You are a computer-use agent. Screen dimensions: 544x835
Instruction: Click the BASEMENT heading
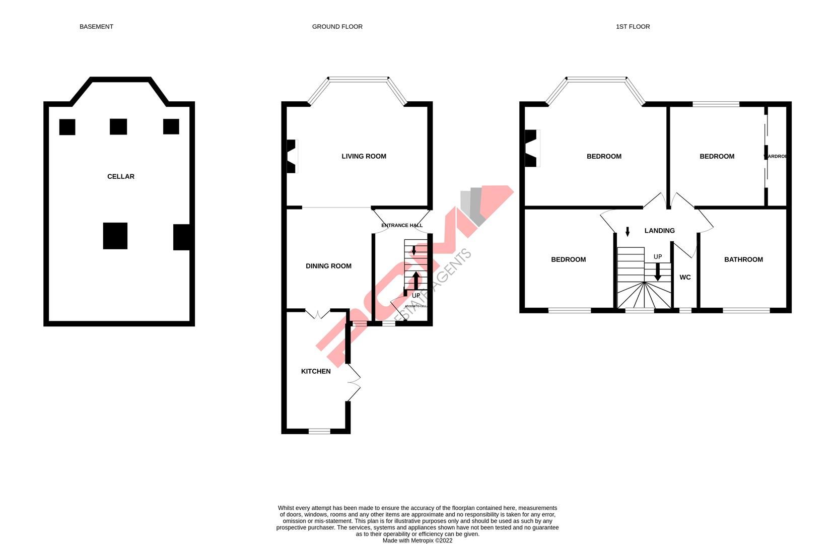(96, 27)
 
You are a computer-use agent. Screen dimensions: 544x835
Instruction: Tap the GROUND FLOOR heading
(337, 27)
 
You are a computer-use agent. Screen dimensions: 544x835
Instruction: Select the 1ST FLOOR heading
(633, 27)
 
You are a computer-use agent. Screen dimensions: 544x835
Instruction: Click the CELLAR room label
(121, 176)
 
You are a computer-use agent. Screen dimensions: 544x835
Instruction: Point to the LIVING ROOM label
(364, 156)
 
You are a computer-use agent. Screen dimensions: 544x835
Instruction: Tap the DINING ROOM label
(328, 266)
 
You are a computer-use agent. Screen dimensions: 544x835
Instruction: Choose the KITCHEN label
(316, 371)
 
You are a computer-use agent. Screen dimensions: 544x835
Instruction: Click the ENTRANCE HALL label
(402, 225)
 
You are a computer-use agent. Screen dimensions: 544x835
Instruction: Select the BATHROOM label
(743, 259)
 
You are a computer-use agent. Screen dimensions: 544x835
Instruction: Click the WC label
(685, 278)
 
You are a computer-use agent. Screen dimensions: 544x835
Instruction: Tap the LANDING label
(659, 231)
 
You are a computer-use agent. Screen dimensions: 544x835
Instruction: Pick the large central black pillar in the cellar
(115, 236)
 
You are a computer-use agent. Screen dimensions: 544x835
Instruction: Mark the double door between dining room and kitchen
(317, 314)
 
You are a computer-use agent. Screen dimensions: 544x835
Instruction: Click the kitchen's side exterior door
(354, 383)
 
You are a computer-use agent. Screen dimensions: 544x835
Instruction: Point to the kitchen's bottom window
(319, 431)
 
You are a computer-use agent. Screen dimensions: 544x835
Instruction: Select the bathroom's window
(746, 310)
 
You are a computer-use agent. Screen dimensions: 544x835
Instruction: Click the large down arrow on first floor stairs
(657, 273)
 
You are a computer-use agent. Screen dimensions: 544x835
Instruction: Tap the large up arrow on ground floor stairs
(416, 280)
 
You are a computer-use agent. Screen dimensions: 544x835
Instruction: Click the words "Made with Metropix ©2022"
(417, 540)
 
